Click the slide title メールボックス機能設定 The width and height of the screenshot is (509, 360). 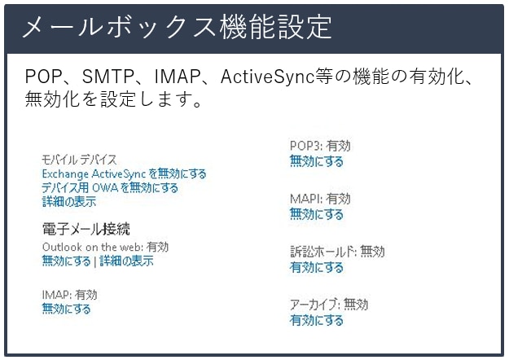(178, 28)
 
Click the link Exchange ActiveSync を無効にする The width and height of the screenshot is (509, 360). (124, 174)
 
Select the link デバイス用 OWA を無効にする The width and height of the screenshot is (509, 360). (110, 188)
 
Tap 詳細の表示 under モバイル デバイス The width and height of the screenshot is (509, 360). (69, 202)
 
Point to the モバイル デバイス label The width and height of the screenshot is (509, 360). (79, 160)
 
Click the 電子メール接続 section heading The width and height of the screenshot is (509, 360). (86, 229)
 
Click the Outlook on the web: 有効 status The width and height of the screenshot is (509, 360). (106, 247)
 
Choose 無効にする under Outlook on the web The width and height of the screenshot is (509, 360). (66, 261)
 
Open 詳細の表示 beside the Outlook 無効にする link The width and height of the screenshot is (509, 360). (126, 261)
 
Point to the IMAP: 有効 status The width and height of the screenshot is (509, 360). (69, 295)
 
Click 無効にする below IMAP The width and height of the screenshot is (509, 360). (66, 309)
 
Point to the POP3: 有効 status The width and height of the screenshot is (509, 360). (320, 146)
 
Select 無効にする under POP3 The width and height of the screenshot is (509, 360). (317, 161)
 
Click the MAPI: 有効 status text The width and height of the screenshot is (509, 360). (320, 199)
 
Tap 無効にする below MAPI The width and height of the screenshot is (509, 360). (317, 214)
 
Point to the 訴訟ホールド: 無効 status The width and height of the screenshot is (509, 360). (337, 252)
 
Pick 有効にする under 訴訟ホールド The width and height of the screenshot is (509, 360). (317, 267)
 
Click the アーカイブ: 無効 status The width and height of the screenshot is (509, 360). (329, 305)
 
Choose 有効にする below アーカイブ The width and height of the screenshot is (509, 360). (317, 320)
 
